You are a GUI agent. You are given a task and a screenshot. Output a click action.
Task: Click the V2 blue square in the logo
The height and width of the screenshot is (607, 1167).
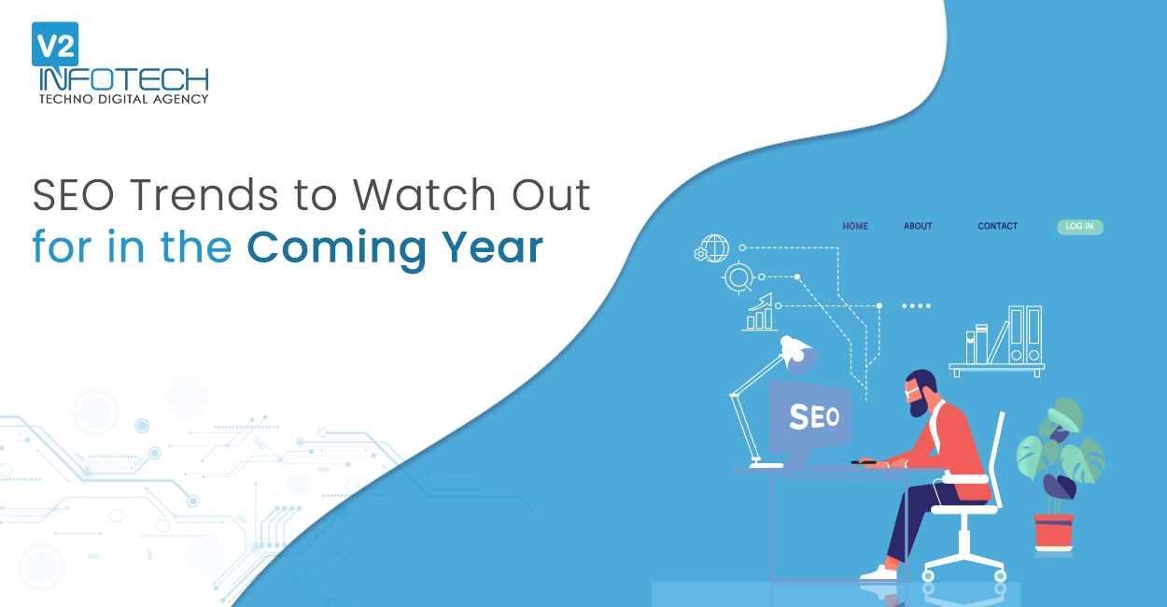tap(55, 44)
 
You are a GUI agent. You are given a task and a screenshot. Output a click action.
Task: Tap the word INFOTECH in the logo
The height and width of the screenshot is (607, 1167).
tap(124, 79)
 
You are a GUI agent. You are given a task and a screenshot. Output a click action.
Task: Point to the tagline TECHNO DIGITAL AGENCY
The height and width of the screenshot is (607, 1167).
tap(124, 99)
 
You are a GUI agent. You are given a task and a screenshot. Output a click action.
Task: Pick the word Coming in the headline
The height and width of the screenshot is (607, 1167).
tap(336, 249)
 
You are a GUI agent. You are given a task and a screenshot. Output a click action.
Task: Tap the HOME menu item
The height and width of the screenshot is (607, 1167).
tap(855, 226)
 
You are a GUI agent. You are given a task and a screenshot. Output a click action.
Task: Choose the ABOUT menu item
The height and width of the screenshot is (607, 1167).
tap(918, 226)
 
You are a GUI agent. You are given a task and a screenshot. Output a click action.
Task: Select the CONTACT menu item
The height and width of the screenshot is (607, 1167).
tap(998, 226)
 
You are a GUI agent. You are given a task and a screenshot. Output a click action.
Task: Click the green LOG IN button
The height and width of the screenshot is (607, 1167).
tap(1080, 227)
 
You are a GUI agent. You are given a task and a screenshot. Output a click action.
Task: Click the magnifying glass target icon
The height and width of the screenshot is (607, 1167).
tap(738, 277)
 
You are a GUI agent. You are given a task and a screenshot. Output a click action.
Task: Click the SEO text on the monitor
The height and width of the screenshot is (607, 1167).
tap(814, 416)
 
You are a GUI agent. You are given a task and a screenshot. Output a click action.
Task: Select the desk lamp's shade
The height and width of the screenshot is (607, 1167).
tap(797, 354)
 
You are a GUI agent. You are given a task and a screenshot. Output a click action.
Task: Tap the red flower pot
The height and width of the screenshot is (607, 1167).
tap(1054, 531)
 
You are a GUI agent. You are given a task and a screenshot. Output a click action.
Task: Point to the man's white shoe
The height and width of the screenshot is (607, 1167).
tap(879, 573)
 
